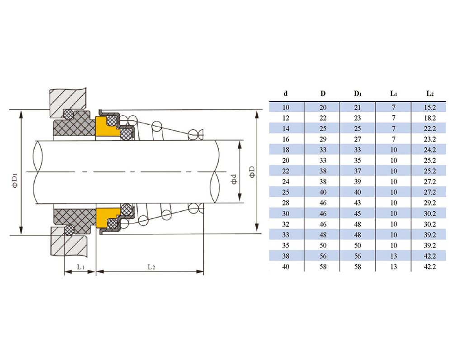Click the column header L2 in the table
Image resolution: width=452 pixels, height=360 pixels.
430,94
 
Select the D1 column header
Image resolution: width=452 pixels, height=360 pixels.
358,94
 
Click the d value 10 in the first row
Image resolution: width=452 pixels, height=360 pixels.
286,108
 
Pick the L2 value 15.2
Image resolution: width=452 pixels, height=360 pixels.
430,108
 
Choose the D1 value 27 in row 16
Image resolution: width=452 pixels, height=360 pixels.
358,139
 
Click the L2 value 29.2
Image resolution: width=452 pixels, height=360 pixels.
430,203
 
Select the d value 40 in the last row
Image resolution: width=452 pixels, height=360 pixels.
286,267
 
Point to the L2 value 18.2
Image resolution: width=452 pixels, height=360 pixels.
430,118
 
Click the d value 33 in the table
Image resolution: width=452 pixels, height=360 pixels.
286,235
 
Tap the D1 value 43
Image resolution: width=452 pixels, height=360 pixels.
358,203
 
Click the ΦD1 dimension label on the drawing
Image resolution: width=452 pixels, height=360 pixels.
14,180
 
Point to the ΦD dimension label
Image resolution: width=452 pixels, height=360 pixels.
251,171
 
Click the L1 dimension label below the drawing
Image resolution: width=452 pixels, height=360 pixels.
80,267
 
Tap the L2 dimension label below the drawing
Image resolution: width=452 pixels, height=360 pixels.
151,267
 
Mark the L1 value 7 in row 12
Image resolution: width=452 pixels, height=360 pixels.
394,118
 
